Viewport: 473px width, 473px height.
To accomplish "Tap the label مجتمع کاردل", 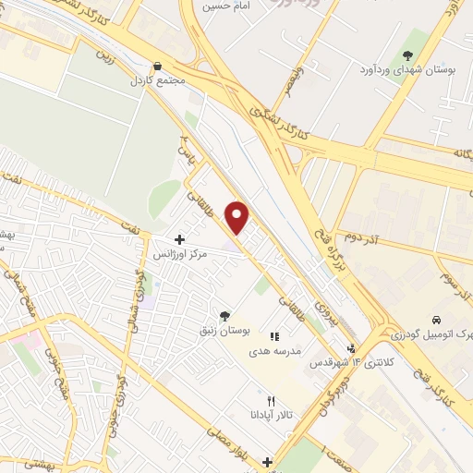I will pos(159,81).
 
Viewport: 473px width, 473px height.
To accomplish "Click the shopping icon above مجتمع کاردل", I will pos(159,67).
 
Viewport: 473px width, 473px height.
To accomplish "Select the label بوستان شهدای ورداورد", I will pos(406,68).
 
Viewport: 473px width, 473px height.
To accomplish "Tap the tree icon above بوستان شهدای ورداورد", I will pos(407,55).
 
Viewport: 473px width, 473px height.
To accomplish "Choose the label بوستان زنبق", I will pos(223,330).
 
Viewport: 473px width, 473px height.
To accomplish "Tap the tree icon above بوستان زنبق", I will pos(224,316).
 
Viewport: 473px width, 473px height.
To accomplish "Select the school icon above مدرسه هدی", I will pos(274,337).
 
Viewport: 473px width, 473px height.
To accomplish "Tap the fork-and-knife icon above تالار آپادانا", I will pos(271,402).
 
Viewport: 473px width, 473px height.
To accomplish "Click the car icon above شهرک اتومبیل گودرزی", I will pos(436,320).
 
